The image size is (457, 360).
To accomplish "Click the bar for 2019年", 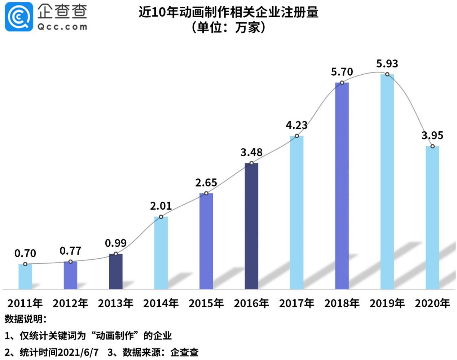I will pos(387,182).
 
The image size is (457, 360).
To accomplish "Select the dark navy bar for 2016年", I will pos(251,226).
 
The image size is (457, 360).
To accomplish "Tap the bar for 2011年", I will pos(25,277).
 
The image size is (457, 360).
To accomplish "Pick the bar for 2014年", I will pos(161,253).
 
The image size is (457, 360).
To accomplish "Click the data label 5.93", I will pos(387,64).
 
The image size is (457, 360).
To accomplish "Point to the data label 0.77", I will pos(70,251).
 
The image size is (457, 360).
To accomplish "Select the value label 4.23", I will pos(296,125).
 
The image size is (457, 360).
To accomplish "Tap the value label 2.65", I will pos(206,183).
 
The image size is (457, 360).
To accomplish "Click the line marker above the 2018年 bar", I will pos(342,83).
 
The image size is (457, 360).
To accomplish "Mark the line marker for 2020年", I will pos(432,146).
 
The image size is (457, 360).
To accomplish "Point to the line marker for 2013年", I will pos(116,254).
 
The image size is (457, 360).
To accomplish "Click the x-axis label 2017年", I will pos(296,303).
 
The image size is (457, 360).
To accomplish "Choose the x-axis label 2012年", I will pos(70,303).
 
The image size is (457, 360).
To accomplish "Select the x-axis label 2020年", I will pos(432,303).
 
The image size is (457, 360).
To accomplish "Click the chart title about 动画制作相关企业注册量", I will pos(228,12).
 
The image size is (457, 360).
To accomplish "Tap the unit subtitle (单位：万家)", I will pos(228,27).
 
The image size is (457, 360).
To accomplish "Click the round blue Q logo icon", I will pos(18,17).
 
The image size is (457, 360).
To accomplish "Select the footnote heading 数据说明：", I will pos(25,319).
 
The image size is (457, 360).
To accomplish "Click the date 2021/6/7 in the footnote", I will pos(78,352).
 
